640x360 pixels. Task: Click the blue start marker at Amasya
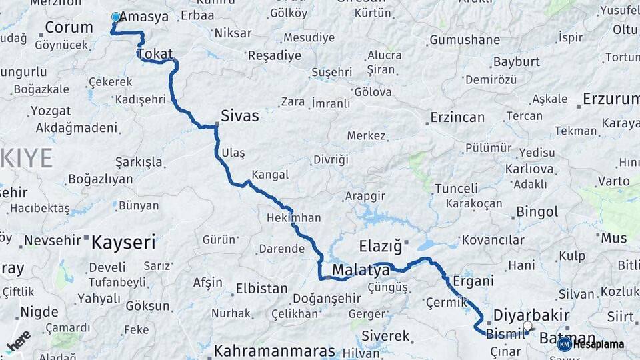click(x=116, y=17)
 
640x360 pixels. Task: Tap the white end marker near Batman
click(x=528, y=327)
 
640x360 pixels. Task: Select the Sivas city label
click(x=240, y=116)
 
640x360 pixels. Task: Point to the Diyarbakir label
click(x=531, y=315)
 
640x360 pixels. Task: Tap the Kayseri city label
click(x=123, y=241)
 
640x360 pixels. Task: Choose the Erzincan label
click(x=457, y=117)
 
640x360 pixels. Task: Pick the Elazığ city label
click(x=381, y=247)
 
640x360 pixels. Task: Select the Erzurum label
click(x=611, y=99)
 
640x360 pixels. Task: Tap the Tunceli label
click(x=456, y=189)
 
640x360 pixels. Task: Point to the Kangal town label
click(x=271, y=175)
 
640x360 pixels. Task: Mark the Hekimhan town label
click(x=293, y=218)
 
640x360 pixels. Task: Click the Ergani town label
click(x=473, y=281)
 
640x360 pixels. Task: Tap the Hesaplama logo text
click(x=599, y=344)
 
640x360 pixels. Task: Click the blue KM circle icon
click(x=564, y=344)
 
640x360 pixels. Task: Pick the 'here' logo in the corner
click(x=19, y=341)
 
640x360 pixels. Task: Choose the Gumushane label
click(x=465, y=40)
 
